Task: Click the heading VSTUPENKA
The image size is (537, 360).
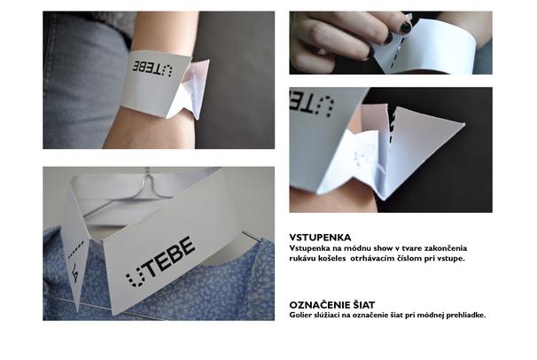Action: [x=320, y=238]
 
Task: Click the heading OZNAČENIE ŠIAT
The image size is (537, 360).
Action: [x=331, y=305]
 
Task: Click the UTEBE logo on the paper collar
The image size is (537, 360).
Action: [x=160, y=262]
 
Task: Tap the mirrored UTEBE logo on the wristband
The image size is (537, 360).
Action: [x=152, y=68]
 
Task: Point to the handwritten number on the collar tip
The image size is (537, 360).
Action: [x=75, y=271]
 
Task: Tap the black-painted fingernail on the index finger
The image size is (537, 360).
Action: [x=406, y=27]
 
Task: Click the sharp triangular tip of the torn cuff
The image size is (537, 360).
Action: [x=464, y=123]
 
